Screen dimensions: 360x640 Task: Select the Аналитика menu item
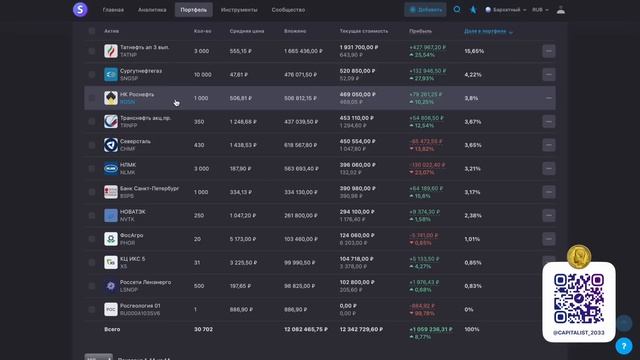point(152,9)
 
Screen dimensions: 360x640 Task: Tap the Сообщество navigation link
point(288,9)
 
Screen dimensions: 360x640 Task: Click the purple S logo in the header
point(80,10)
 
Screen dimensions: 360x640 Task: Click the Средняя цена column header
point(246,31)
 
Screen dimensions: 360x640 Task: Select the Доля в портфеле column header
point(484,31)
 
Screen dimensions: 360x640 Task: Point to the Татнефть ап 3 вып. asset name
point(145,47)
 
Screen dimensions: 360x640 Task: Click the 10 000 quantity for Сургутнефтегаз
point(202,74)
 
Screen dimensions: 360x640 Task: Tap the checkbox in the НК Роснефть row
point(92,98)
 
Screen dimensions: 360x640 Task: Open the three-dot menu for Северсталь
point(548,145)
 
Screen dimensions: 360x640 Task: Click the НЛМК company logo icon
point(110,168)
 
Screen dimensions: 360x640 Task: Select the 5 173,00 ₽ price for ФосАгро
point(243,239)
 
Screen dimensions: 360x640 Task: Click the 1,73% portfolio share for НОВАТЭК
point(472,215)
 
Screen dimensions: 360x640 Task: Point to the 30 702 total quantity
point(203,329)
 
